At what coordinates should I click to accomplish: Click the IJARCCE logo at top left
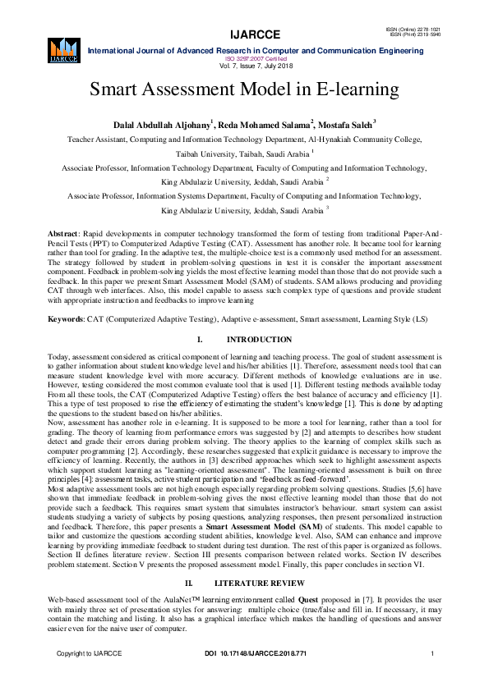pos(63,48)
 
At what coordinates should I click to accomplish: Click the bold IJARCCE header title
pos(243,35)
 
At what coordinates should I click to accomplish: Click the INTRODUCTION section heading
pos(258,339)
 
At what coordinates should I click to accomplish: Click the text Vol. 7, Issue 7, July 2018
pos(243,65)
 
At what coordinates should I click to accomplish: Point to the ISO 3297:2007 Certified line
pos(243,58)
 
